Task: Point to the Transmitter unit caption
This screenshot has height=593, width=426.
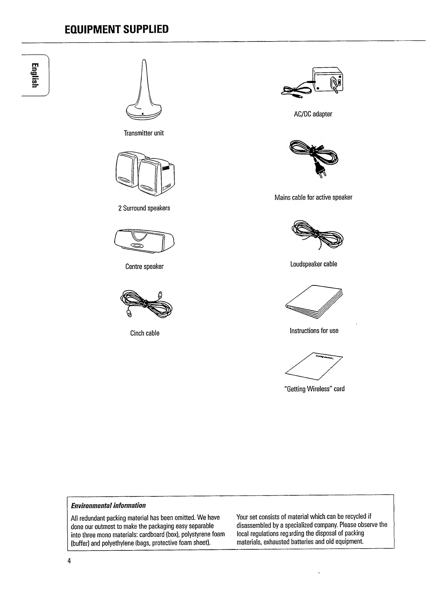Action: coord(144,133)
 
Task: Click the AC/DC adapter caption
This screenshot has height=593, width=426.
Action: coord(313,114)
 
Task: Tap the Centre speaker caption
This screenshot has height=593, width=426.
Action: coord(144,267)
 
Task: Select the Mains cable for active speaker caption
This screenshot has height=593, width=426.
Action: coord(313,197)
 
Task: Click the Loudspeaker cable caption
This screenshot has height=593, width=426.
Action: coord(313,264)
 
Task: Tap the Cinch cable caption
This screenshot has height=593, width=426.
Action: coord(145,333)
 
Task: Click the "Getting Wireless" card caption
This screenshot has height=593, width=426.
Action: coord(314,389)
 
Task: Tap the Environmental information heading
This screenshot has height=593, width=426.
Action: coord(108,505)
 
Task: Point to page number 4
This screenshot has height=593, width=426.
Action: coord(69,561)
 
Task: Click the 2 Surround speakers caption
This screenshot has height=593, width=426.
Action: coord(144,208)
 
